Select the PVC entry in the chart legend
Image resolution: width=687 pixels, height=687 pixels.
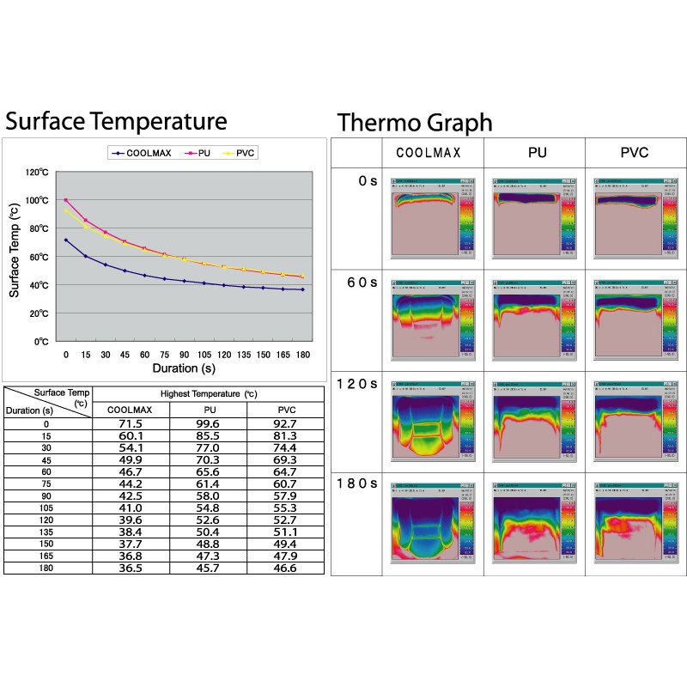[245, 153]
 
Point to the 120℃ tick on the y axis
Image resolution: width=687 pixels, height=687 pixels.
[36, 173]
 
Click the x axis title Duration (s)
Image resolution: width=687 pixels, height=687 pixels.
[184, 368]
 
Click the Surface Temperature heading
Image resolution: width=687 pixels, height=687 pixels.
[116, 120]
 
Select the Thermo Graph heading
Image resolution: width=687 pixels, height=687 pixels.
[415, 122]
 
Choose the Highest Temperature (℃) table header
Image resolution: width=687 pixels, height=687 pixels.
[209, 394]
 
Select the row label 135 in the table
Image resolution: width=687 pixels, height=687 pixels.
[48, 532]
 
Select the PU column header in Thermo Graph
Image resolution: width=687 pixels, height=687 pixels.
[534, 153]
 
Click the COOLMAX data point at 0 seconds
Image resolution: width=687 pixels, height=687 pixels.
[66, 240]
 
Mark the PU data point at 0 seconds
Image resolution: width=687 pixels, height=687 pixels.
[66, 200]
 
